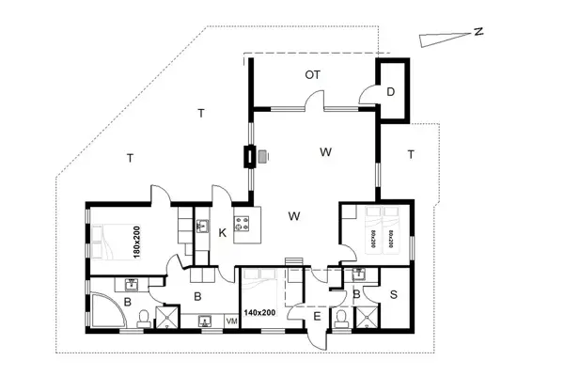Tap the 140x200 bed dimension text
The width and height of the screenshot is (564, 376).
pyautogui.click(x=259, y=312)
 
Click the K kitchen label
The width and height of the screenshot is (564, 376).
pyautogui.click(x=223, y=231)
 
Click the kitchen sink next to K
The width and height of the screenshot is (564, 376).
pyautogui.click(x=201, y=224)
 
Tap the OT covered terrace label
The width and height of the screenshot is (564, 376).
pyautogui.click(x=313, y=73)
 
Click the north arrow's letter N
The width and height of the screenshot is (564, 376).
pyautogui.click(x=478, y=32)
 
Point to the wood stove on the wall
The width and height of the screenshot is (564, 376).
pyautogui.click(x=249, y=156)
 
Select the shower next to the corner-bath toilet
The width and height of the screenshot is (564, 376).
pyautogui.click(x=167, y=318)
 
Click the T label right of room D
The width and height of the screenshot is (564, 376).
pyautogui.click(x=411, y=152)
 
